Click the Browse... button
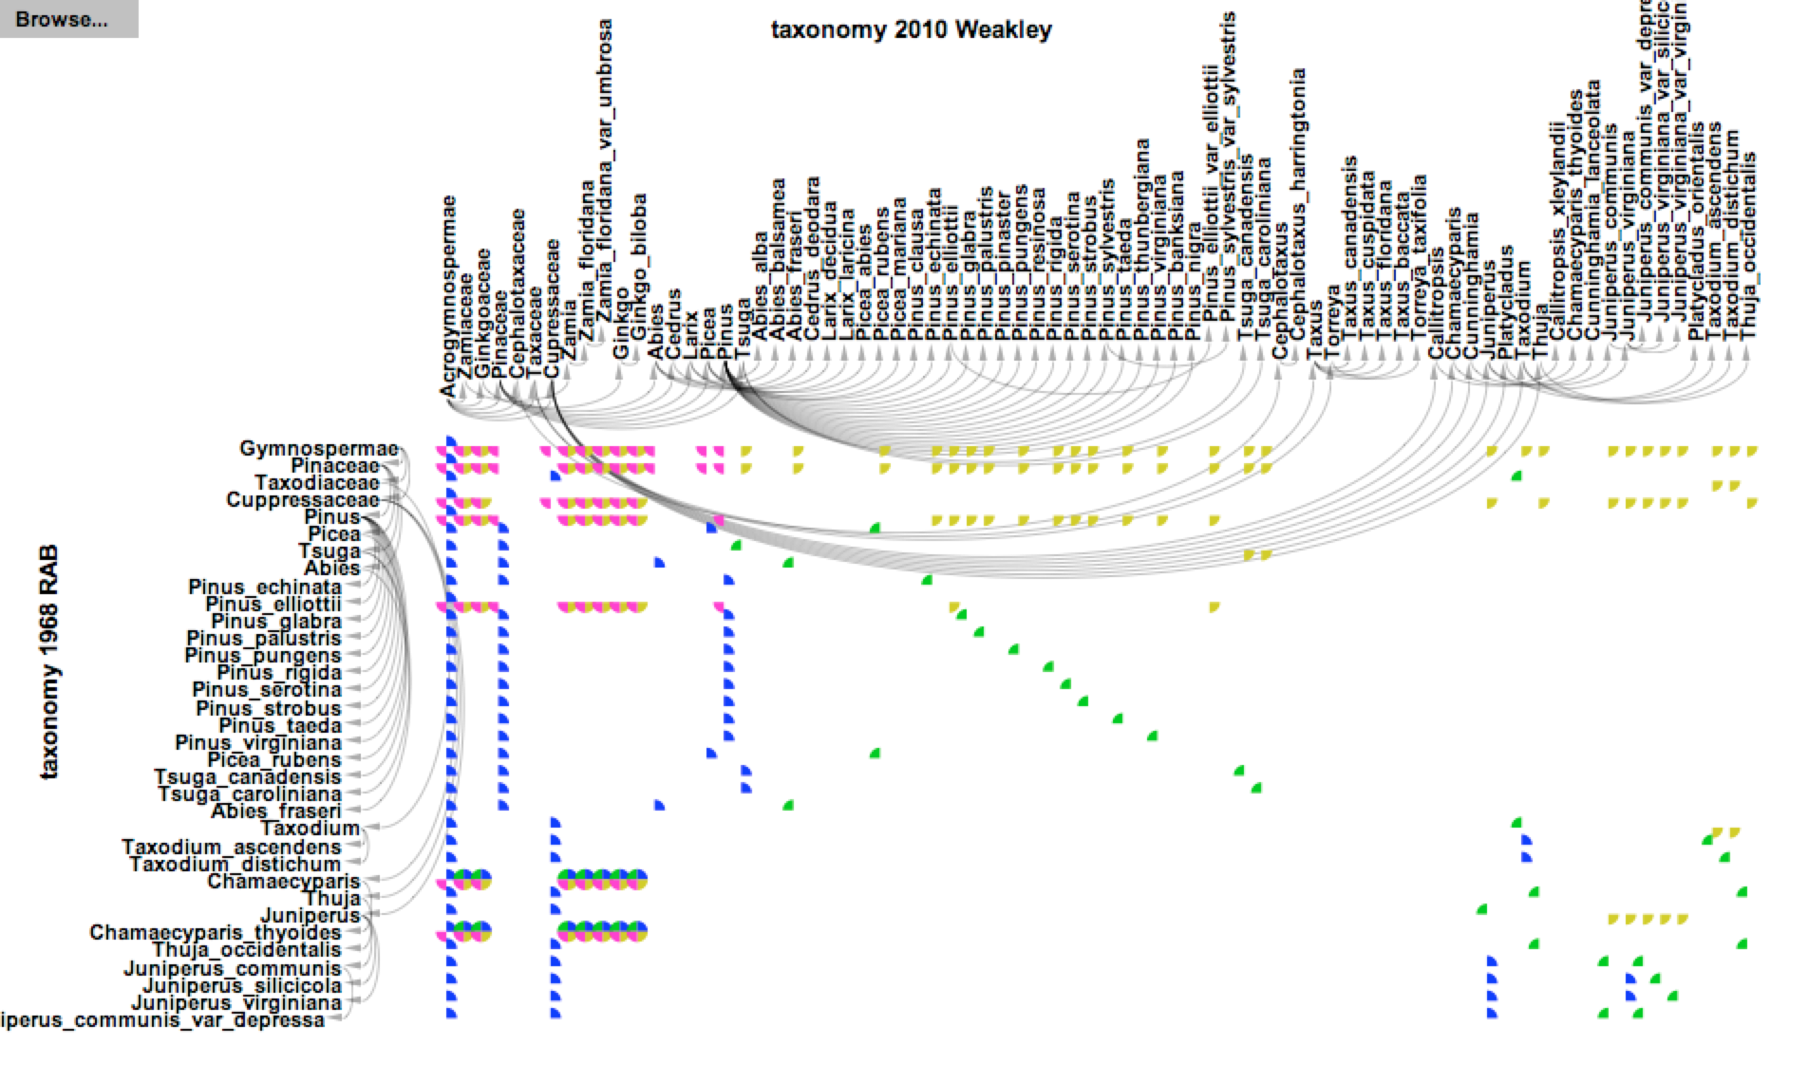62,19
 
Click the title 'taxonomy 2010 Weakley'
911,29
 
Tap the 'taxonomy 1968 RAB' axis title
48,662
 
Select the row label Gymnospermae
318,449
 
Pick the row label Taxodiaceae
316,483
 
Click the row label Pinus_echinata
264,587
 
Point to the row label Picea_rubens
273,760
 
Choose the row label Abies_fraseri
275,811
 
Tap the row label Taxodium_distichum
235,865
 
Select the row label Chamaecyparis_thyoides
215,933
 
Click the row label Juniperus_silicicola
241,986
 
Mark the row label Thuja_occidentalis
246,950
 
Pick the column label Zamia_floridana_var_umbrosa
604,180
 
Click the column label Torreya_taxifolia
1419,256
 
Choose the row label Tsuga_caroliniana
249,794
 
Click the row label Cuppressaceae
302,500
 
